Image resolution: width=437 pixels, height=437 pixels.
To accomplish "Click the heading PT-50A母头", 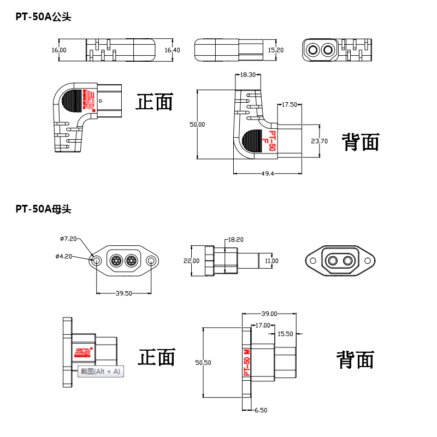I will pyautogui.click(x=43, y=208).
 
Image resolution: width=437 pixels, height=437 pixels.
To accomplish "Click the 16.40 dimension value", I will pyautogui.click(x=172, y=50).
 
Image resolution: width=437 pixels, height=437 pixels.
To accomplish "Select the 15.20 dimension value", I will pyautogui.click(x=276, y=50).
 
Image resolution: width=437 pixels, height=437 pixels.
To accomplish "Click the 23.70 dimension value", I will pyautogui.click(x=319, y=141).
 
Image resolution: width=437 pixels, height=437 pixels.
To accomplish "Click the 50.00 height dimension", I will pyautogui.click(x=197, y=125).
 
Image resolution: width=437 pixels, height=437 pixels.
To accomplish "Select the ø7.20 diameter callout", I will pyautogui.click(x=68, y=239).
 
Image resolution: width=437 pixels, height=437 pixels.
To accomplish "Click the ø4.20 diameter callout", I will pyautogui.click(x=64, y=256).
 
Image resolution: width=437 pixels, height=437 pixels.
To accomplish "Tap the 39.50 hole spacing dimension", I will pyautogui.click(x=124, y=293).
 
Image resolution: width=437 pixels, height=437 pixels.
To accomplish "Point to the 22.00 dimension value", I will pyautogui.click(x=191, y=261).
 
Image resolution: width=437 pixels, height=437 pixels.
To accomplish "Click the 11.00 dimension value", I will pyautogui.click(x=271, y=261).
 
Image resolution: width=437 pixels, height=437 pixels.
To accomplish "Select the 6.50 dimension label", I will pyautogui.click(x=260, y=410).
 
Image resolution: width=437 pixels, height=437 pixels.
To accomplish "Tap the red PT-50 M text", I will pyautogui.click(x=246, y=361).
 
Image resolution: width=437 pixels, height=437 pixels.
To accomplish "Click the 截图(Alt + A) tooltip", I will pyautogui.click(x=101, y=371).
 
